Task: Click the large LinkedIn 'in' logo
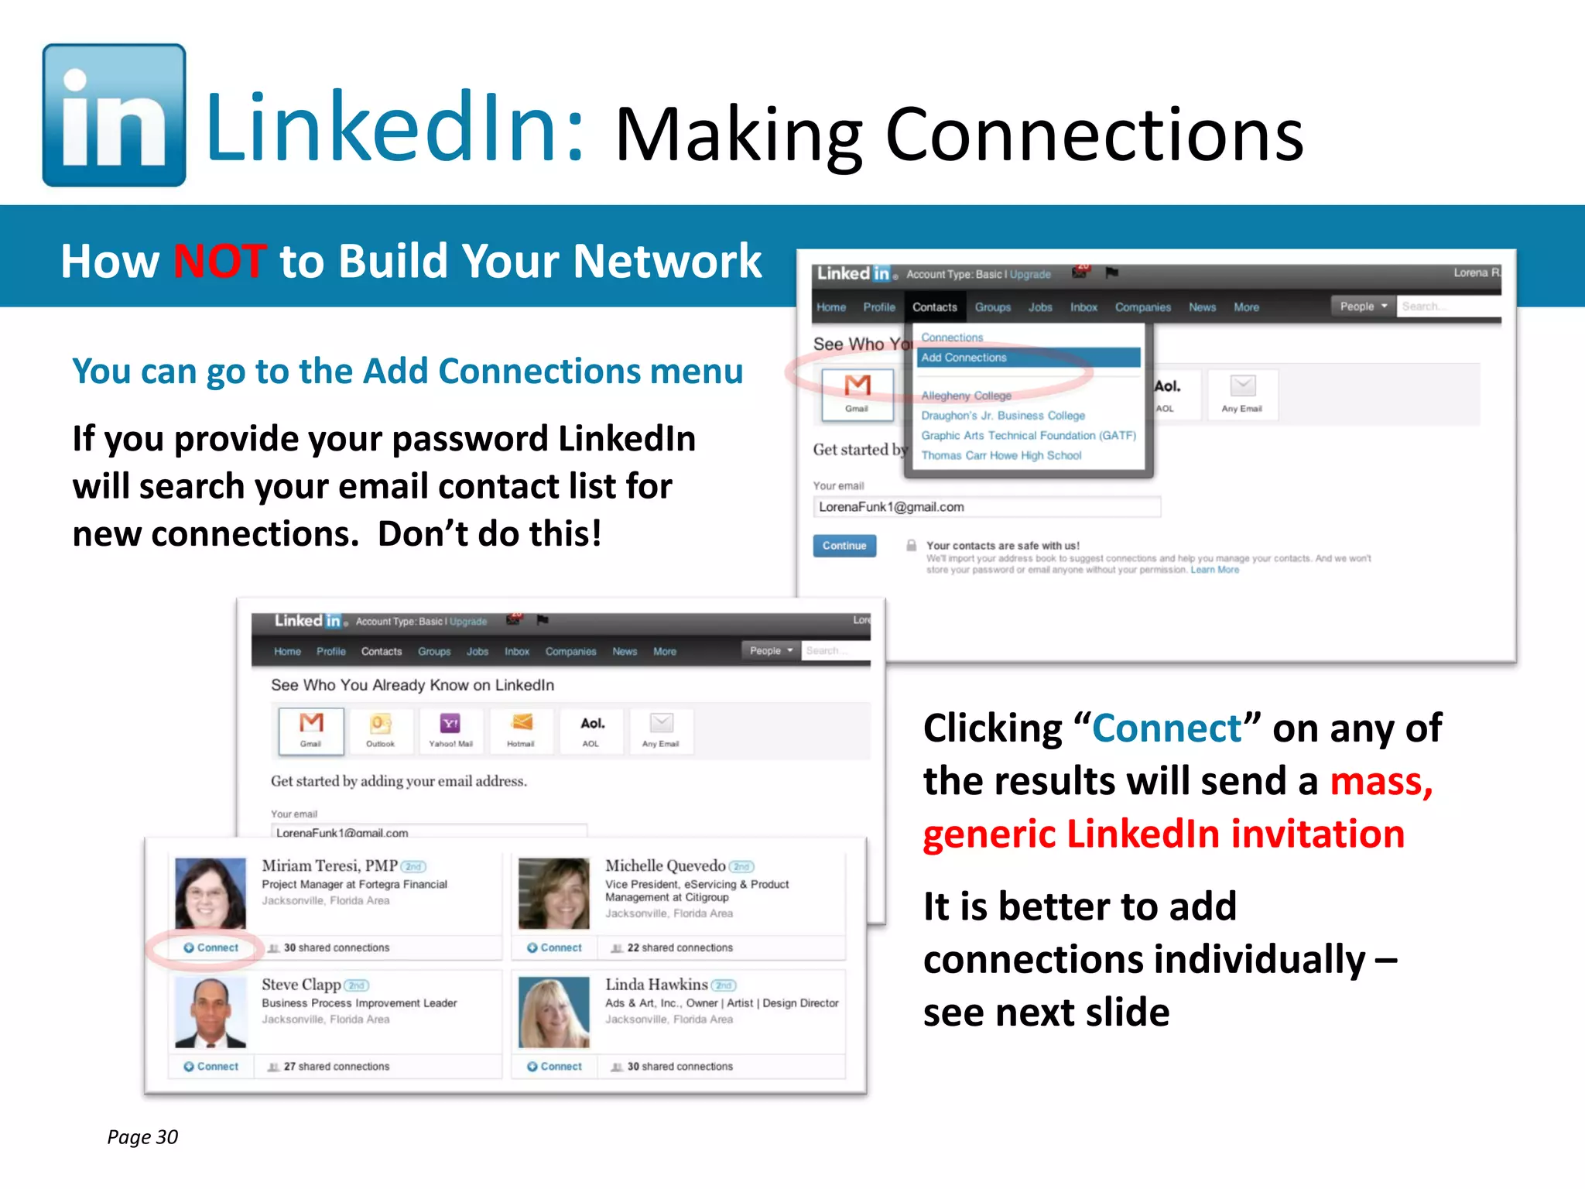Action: click(x=114, y=115)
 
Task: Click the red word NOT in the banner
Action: click(x=220, y=261)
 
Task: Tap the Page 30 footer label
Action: click(x=142, y=1136)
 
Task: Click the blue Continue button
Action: click(x=844, y=546)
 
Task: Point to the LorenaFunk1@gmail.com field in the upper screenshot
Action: click(x=986, y=507)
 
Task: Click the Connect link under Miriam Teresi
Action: click(x=211, y=947)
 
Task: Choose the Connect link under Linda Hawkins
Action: click(x=555, y=1066)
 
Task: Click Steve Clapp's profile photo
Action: click(x=211, y=1012)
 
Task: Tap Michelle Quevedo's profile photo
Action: click(x=553, y=893)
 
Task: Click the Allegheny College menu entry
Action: click(x=966, y=396)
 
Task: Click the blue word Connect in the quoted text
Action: click(x=1166, y=728)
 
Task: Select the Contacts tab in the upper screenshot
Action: click(x=934, y=307)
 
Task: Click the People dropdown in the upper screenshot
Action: click(x=1363, y=307)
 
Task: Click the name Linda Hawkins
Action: click(x=656, y=985)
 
